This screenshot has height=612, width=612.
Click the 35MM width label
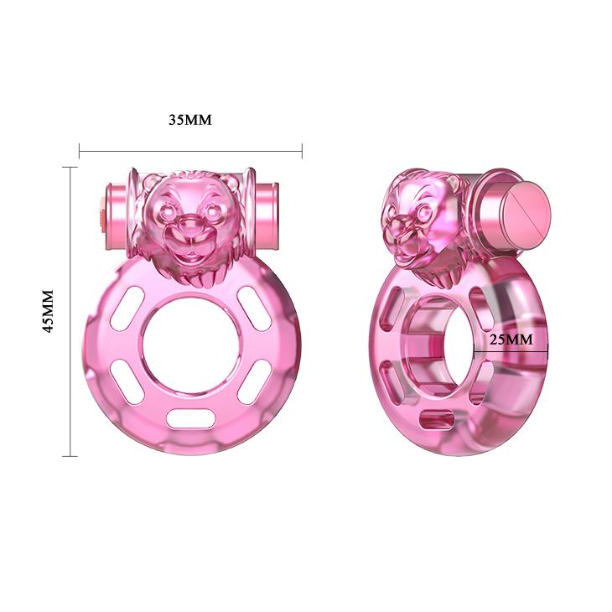tap(190, 120)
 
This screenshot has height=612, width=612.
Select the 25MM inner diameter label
tap(511, 340)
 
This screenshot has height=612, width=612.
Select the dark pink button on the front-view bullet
tap(103, 214)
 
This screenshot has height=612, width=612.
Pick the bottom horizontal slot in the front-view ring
tap(189, 417)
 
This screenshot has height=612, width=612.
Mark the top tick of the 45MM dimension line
tap(70, 167)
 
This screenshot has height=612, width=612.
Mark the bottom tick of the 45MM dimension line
tap(70, 456)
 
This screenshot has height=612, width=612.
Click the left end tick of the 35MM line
tap(80, 151)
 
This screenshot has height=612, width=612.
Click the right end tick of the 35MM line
tap(302, 151)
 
